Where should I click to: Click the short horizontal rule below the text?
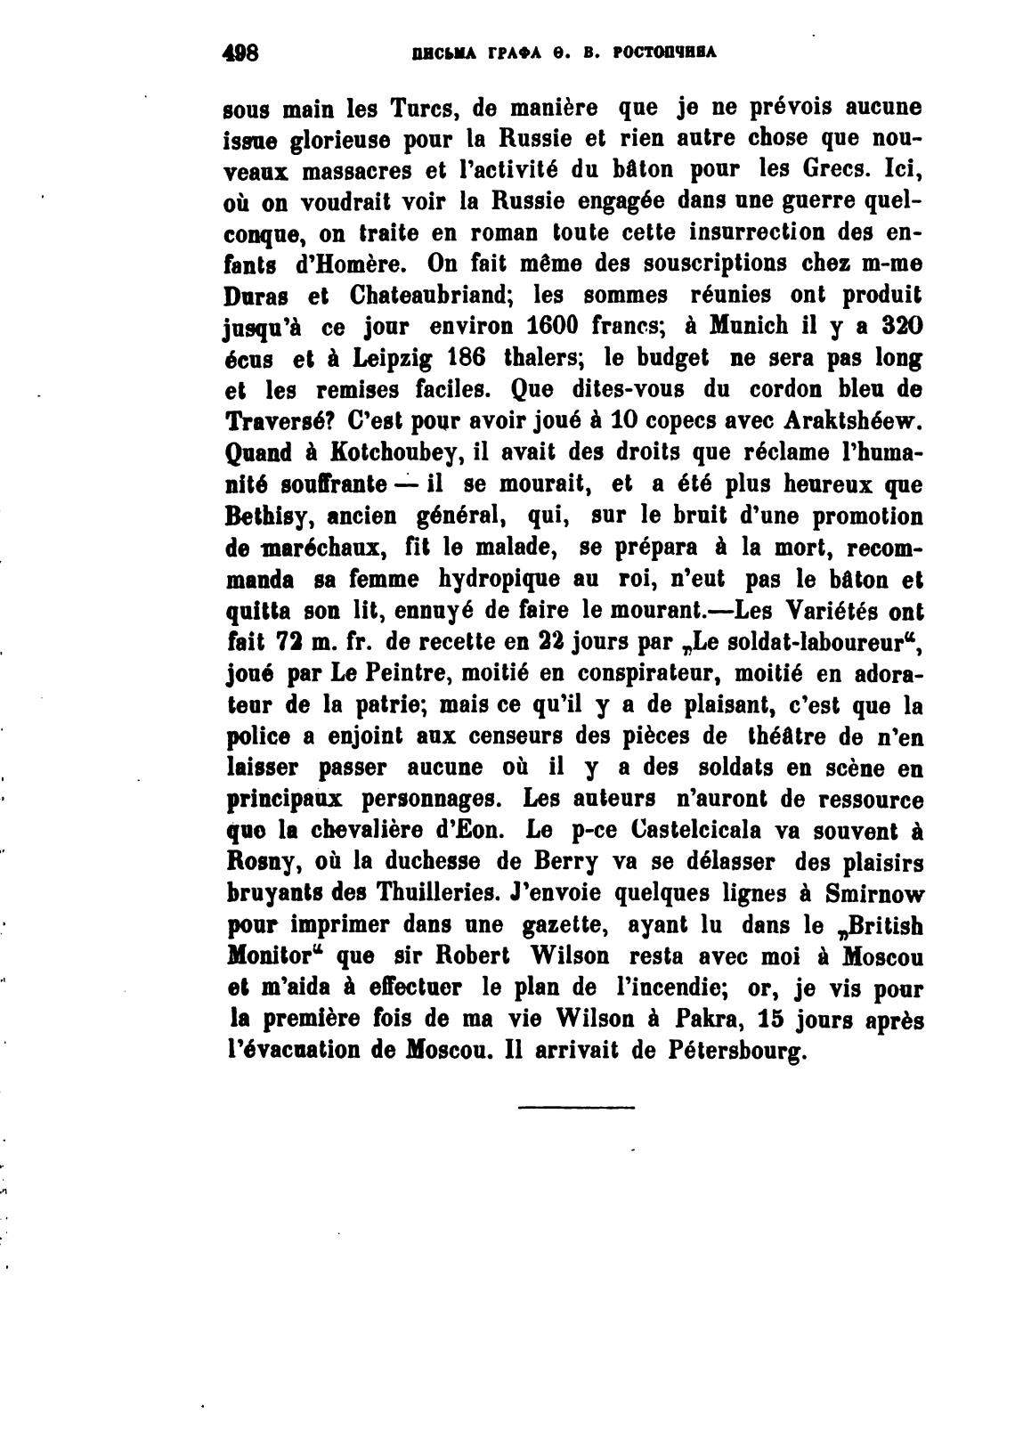(x=576, y=1107)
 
